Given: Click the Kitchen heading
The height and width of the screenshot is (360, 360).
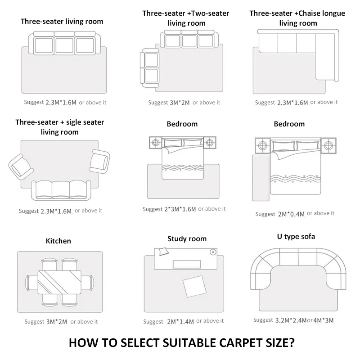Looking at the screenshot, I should [x=58, y=241].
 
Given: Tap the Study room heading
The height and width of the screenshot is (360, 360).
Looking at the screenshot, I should [x=187, y=238].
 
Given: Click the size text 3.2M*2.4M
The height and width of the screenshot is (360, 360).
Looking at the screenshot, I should [x=291, y=320].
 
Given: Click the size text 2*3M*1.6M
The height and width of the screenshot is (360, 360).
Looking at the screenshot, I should [x=180, y=209].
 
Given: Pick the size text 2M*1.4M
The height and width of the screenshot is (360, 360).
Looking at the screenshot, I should [x=180, y=321].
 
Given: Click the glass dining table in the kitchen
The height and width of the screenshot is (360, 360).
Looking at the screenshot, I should [x=60, y=281].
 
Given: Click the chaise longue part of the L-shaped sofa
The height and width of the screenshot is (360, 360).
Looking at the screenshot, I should [x=326, y=56].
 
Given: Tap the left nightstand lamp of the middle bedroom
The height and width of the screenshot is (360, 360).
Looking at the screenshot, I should [x=156, y=143].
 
